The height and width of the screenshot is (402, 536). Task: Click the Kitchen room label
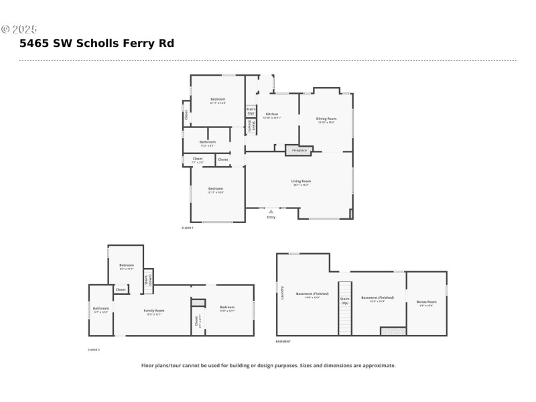(272, 115)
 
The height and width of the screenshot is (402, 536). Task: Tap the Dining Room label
(326, 119)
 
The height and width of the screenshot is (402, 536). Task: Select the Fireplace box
(299, 150)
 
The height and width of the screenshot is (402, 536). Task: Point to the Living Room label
(301, 181)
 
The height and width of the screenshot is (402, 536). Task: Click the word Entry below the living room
(271, 217)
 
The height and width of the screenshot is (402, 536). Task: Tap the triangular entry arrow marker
(271, 211)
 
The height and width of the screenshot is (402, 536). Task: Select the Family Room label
(154, 311)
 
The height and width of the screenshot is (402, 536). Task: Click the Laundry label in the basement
(283, 293)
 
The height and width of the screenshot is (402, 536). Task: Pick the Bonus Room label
(426, 302)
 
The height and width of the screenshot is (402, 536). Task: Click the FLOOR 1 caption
(188, 228)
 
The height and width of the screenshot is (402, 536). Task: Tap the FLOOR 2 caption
(94, 350)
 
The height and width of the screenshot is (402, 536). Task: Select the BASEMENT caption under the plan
(283, 342)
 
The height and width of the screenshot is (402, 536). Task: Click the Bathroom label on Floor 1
(208, 142)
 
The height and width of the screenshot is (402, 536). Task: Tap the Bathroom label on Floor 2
(100, 310)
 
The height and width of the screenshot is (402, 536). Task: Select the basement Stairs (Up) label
(345, 301)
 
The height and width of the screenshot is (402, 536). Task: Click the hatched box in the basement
(393, 331)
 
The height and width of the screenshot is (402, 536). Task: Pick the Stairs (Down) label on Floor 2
(148, 280)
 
